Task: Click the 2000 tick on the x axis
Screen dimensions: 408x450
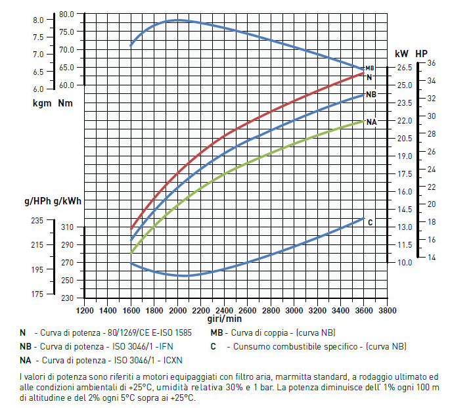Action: coord(178,310)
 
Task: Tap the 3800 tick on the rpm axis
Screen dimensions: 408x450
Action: coord(387,310)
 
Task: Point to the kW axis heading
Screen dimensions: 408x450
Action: coord(401,53)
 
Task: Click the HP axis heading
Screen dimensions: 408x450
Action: coord(421,53)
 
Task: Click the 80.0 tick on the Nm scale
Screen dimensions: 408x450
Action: coord(66,14)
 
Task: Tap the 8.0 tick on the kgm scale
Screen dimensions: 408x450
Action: coord(38,20)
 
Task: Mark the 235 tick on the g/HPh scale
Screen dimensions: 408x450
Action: coord(37,221)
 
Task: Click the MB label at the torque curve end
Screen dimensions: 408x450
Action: coord(370,68)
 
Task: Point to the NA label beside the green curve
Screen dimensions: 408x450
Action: coord(372,122)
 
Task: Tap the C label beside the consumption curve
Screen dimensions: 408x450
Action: coord(370,223)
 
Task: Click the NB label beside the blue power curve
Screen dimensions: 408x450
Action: coord(371,95)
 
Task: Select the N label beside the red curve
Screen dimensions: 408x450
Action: coord(369,78)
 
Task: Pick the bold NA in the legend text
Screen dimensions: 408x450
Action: coord(26,359)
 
